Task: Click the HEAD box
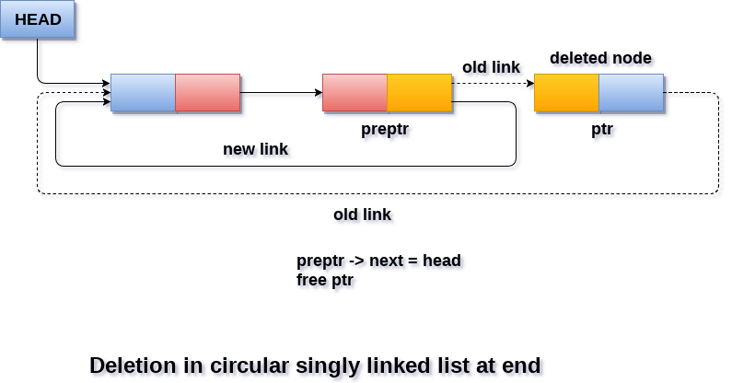(38, 20)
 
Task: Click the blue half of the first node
(143, 93)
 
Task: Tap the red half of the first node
(207, 93)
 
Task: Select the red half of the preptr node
(354, 93)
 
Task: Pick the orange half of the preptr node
(419, 93)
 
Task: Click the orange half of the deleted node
(566, 93)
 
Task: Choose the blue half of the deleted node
(631, 93)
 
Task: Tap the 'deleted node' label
(600, 59)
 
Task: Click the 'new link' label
(255, 149)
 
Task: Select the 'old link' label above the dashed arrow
(491, 67)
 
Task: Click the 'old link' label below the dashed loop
(362, 215)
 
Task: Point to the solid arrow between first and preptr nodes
(281, 93)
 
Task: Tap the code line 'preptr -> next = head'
(378, 261)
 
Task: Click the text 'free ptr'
(325, 280)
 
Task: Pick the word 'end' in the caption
(521, 365)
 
